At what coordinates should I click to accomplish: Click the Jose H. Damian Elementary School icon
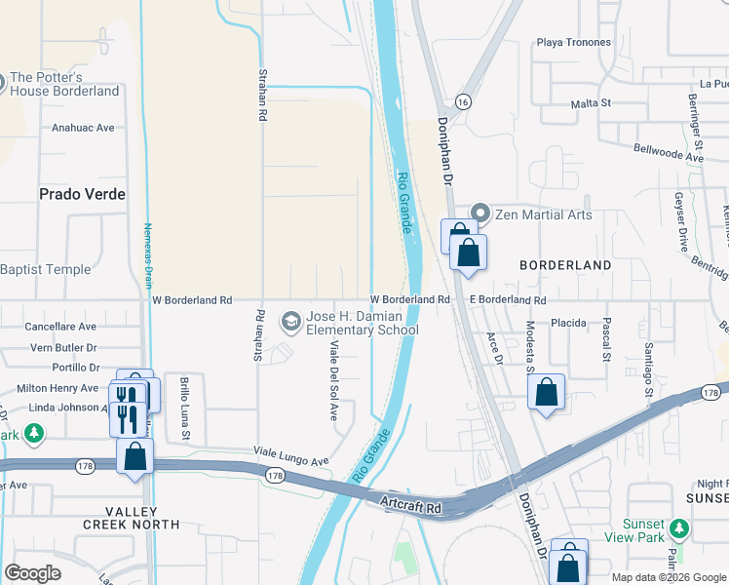[290, 320]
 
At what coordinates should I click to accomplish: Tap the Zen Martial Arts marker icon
[480, 214]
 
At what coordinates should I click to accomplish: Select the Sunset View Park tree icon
[678, 528]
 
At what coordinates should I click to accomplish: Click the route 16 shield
[463, 101]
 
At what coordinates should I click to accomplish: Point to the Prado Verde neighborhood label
[82, 194]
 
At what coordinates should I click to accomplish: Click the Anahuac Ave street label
[83, 127]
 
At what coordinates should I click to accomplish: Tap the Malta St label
[591, 101]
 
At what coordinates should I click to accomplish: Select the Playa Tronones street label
[574, 43]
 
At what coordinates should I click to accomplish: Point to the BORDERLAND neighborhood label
[565, 265]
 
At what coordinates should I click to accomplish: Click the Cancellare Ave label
[60, 327]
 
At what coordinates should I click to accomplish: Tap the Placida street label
[568, 323]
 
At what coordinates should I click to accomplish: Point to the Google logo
[33, 573]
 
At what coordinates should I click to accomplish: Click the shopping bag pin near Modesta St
[547, 393]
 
